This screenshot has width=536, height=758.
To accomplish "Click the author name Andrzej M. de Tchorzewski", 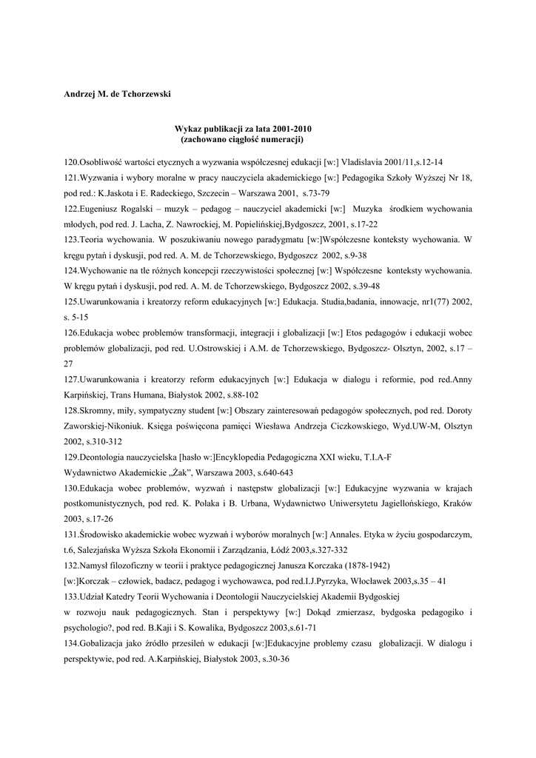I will [x=117, y=94].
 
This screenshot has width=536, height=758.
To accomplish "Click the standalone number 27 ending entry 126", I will [x=68, y=364].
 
